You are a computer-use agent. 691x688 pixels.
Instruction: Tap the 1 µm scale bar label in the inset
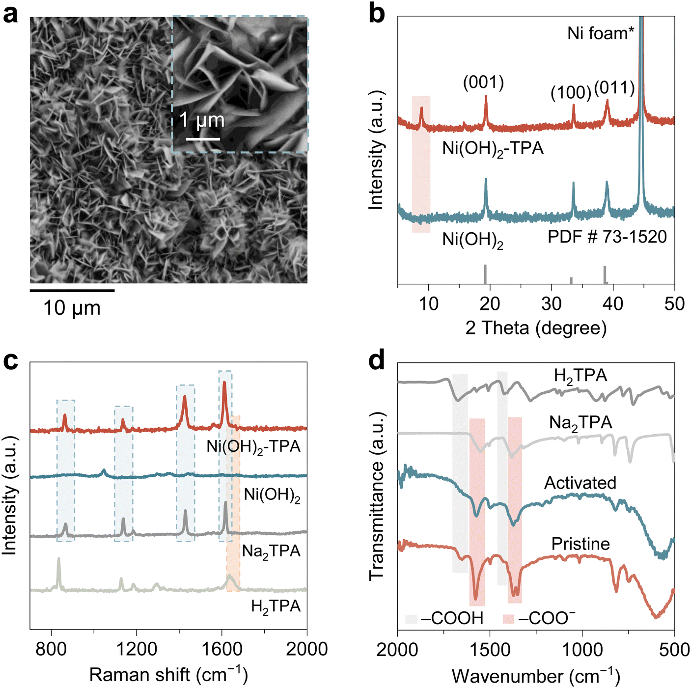tap(202, 120)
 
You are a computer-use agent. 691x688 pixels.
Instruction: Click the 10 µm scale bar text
tap(72, 308)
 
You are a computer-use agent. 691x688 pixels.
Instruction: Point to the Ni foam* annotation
tap(601, 33)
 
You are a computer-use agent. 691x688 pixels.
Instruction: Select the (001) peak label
tap(483, 83)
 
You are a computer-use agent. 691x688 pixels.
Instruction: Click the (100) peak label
tap(571, 93)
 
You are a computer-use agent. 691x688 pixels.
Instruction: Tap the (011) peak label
tap(614, 88)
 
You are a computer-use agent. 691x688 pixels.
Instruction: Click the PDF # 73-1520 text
tap(607, 237)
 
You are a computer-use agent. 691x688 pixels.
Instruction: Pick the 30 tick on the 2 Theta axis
tap(552, 304)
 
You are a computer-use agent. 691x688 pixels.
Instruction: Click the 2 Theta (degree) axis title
tap(536, 328)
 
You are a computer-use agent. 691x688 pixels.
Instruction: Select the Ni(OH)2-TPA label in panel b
tap(493, 148)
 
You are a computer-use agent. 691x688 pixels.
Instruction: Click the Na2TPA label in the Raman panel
tap(271, 551)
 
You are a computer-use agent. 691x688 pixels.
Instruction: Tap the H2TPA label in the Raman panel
tap(276, 607)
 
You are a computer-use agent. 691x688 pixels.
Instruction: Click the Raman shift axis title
tap(168, 675)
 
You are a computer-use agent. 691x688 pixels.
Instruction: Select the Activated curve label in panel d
tap(580, 483)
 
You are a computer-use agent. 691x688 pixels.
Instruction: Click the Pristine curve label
tap(580, 544)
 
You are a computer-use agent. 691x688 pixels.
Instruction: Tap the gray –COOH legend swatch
tap(411, 618)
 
